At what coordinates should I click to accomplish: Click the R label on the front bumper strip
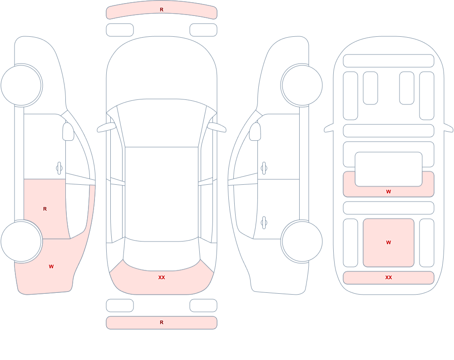click(x=162, y=10)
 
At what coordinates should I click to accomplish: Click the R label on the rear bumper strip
click(x=162, y=322)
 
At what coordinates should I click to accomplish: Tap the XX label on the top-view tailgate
click(x=162, y=277)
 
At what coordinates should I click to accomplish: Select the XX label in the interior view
click(x=389, y=277)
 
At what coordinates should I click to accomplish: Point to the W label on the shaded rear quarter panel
click(x=51, y=266)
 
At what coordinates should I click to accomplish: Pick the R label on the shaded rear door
click(x=45, y=209)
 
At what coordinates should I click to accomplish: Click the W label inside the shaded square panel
click(x=389, y=242)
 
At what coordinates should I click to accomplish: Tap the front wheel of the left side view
click(x=21, y=85)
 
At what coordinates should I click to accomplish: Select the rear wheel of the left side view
click(x=21, y=242)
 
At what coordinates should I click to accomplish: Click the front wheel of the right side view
click(x=302, y=85)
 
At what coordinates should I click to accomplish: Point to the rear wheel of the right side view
click(x=302, y=242)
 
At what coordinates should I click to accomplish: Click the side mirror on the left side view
click(x=69, y=132)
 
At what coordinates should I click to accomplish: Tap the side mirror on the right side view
click(x=255, y=132)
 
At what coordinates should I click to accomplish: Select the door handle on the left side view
click(x=59, y=168)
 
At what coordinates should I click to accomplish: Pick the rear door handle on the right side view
click(x=264, y=222)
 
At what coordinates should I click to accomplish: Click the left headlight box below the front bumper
click(x=120, y=30)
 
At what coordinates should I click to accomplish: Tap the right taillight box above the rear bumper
click(x=203, y=305)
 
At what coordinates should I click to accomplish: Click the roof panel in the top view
click(x=162, y=194)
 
